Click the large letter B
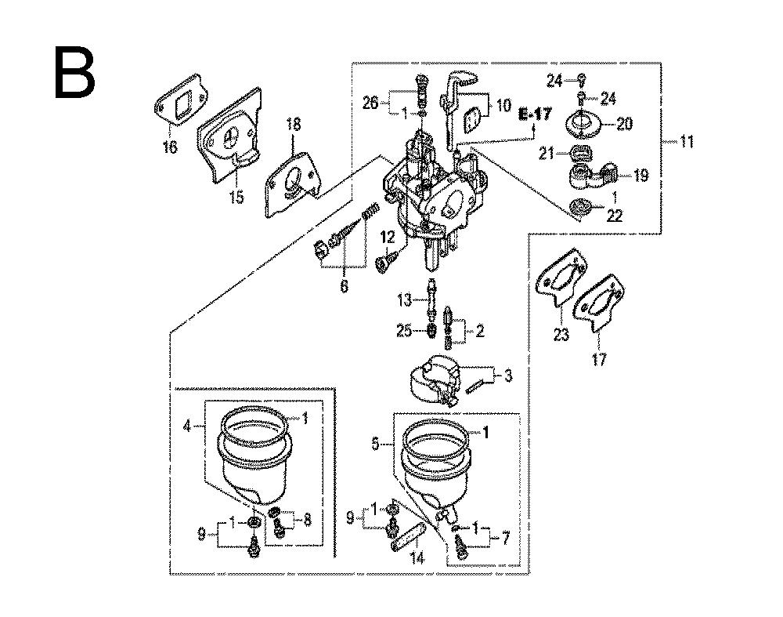coord(75,72)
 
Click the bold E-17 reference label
coord(536,114)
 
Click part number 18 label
coord(293,125)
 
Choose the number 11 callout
coord(686,142)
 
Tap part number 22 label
coord(614,216)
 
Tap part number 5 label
coord(375,444)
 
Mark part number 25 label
coord(403,332)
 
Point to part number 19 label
coord(640,176)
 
